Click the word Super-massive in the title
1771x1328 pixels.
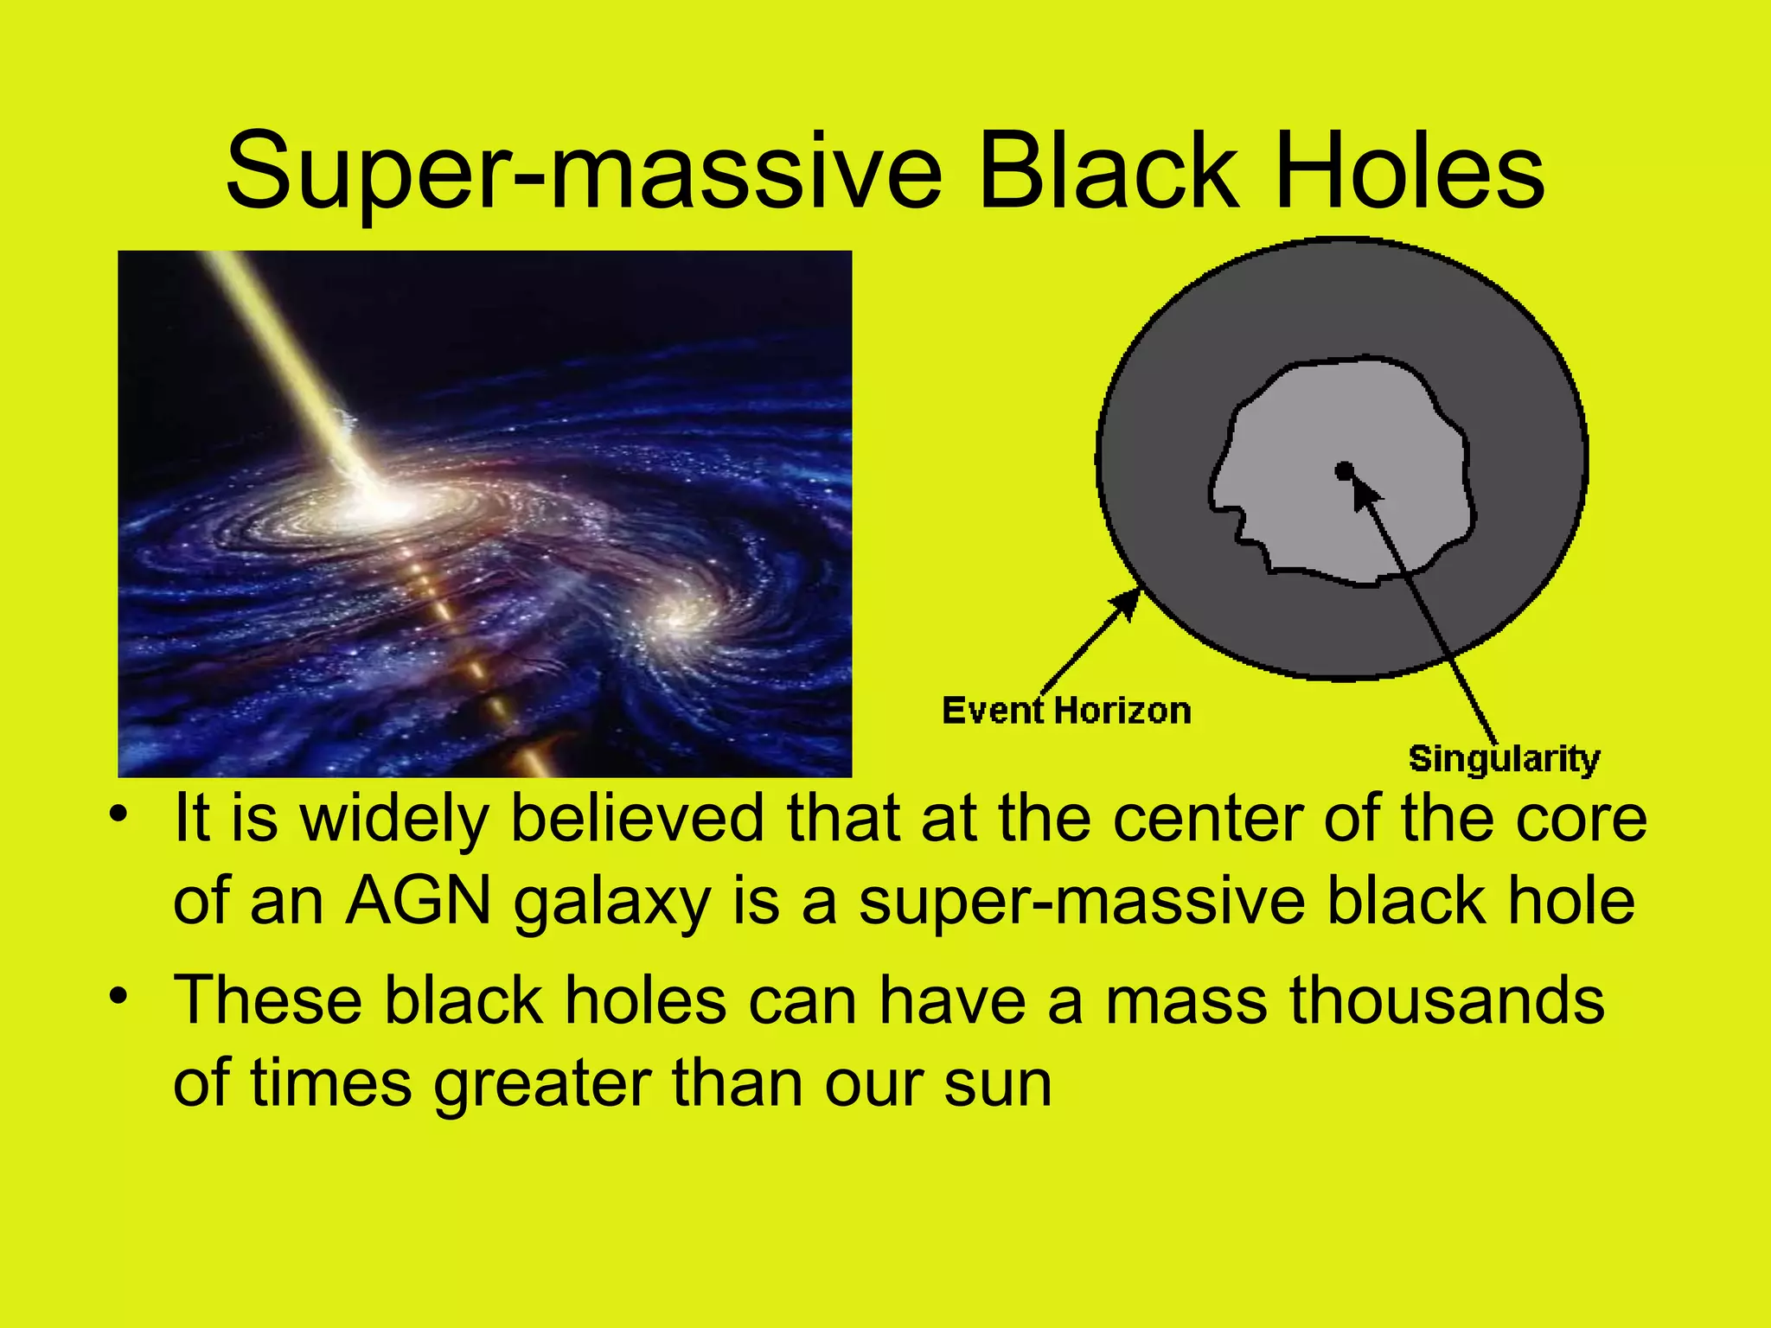(584, 173)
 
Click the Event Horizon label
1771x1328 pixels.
(1066, 711)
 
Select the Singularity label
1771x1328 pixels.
(1504, 759)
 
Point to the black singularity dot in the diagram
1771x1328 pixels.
(1344, 471)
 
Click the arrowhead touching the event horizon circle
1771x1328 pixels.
(1128, 602)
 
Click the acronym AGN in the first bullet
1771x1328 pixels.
(419, 902)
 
